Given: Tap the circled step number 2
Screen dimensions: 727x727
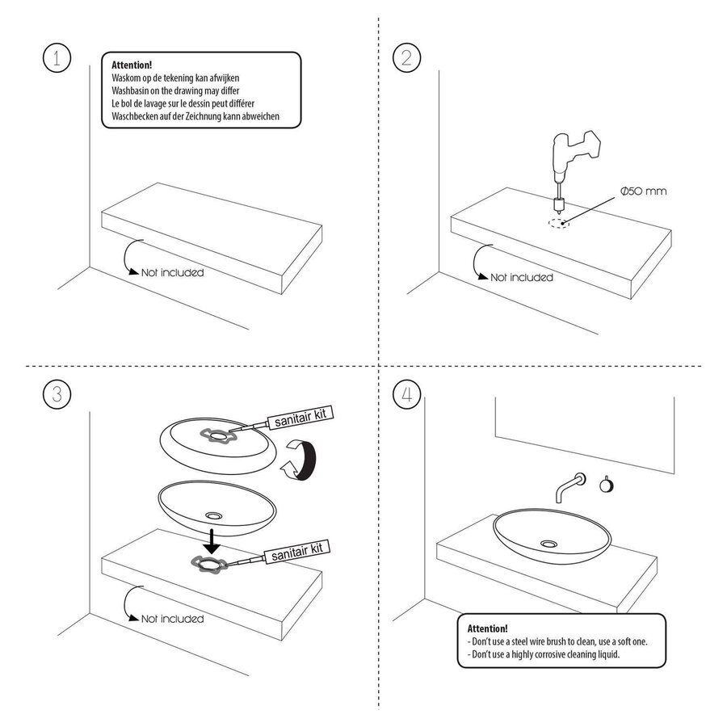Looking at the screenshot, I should pos(406,58).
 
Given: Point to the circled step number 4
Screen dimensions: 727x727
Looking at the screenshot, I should pos(406,395).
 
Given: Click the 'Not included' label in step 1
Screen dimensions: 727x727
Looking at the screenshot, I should pos(172,272).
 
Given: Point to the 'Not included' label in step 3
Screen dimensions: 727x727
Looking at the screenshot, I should pos(172,619).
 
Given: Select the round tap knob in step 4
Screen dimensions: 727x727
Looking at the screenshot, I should pos(606,486).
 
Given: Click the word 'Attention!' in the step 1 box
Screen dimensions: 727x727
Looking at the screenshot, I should pos(132,65).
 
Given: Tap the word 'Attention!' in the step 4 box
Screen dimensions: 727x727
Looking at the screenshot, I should pos(488,628).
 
